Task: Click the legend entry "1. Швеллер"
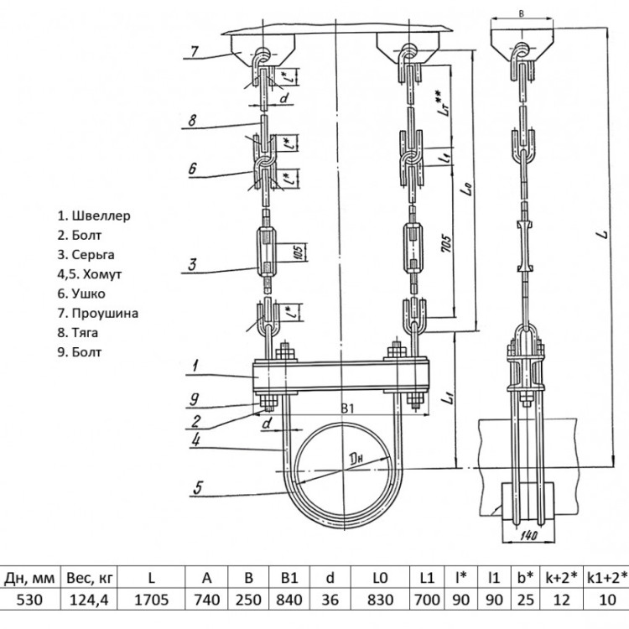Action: [94, 216]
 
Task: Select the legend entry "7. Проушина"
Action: [98, 314]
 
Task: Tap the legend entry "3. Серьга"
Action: [86, 255]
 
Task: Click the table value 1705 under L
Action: [151, 600]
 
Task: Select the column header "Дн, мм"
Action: [29, 578]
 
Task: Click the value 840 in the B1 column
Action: [289, 600]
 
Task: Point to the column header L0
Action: [380, 578]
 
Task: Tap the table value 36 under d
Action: [330, 600]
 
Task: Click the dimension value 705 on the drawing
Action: [445, 243]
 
